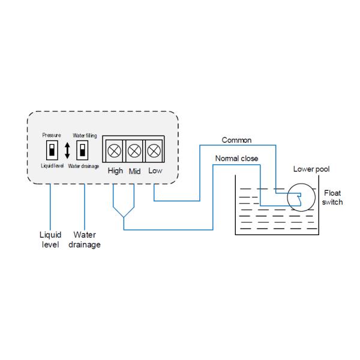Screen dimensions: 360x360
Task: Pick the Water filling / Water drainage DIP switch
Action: (x=82, y=149)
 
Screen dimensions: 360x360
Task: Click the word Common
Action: (x=236, y=140)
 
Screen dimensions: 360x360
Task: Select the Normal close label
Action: (x=237, y=158)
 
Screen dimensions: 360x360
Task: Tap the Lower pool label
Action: (x=311, y=169)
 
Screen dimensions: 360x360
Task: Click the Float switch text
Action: (x=332, y=197)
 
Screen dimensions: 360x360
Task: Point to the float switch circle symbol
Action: (x=297, y=196)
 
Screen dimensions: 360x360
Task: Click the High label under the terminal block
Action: (x=115, y=171)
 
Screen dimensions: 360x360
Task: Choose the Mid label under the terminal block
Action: (x=135, y=171)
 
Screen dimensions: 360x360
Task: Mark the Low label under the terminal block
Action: (x=155, y=171)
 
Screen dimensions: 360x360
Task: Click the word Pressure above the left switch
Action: (x=51, y=136)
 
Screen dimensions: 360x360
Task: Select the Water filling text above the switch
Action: (x=84, y=136)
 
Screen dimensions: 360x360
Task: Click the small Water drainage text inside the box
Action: (x=83, y=166)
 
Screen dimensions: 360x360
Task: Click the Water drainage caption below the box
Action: (x=84, y=239)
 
